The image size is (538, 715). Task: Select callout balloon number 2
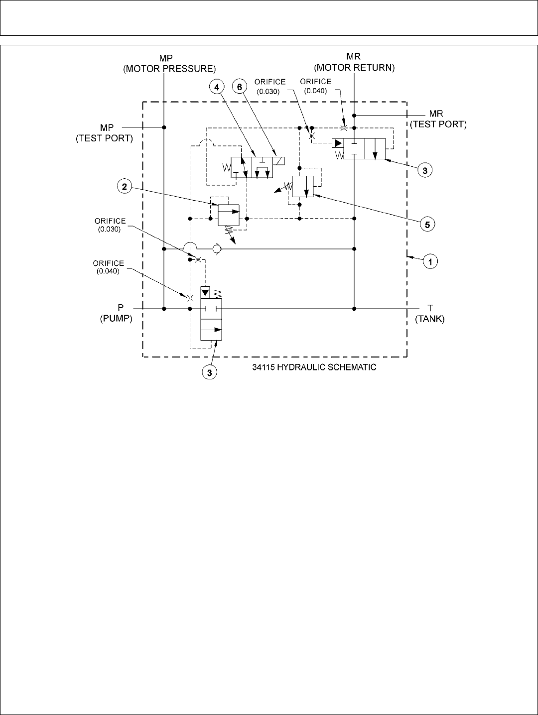pyautogui.click(x=125, y=187)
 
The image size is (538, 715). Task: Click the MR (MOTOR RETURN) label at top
pyautogui.click(x=354, y=63)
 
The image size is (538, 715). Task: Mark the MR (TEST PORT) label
pyautogui.click(x=438, y=120)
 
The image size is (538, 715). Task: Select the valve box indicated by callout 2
pyautogui.click(x=229, y=214)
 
